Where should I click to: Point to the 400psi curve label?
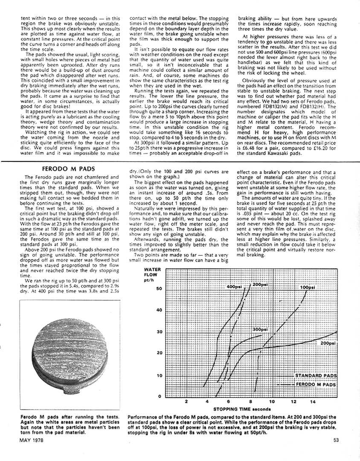click(x=235, y=286)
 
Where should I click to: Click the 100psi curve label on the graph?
click(x=308, y=287)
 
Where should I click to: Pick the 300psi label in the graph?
click(x=260, y=330)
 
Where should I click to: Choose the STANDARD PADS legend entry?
click(x=316, y=376)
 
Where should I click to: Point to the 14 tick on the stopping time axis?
click(x=313, y=402)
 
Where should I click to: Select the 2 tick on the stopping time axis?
click(x=186, y=402)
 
